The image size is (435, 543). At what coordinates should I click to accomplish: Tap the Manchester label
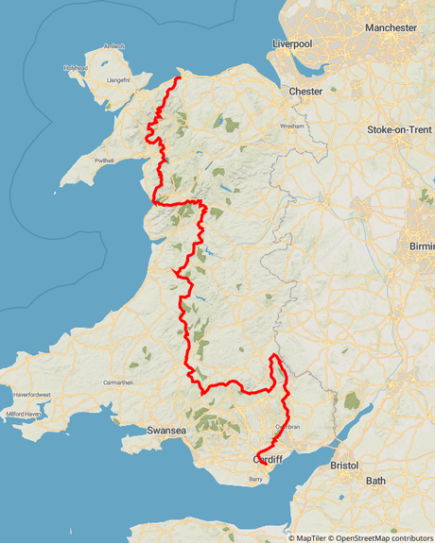pyautogui.click(x=391, y=28)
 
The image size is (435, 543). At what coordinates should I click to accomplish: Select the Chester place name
pyautogui.click(x=305, y=92)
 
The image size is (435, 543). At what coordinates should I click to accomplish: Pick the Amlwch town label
pyautogui.click(x=113, y=46)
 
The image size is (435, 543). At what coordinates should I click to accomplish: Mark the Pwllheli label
pyautogui.click(x=104, y=161)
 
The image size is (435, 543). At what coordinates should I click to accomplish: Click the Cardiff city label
pyautogui.click(x=270, y=460)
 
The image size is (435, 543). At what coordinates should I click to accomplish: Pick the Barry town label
pyautogui.click(x=254, y=480)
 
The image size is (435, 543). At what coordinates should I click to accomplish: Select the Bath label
pyautogui.click(x=376, y=481)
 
